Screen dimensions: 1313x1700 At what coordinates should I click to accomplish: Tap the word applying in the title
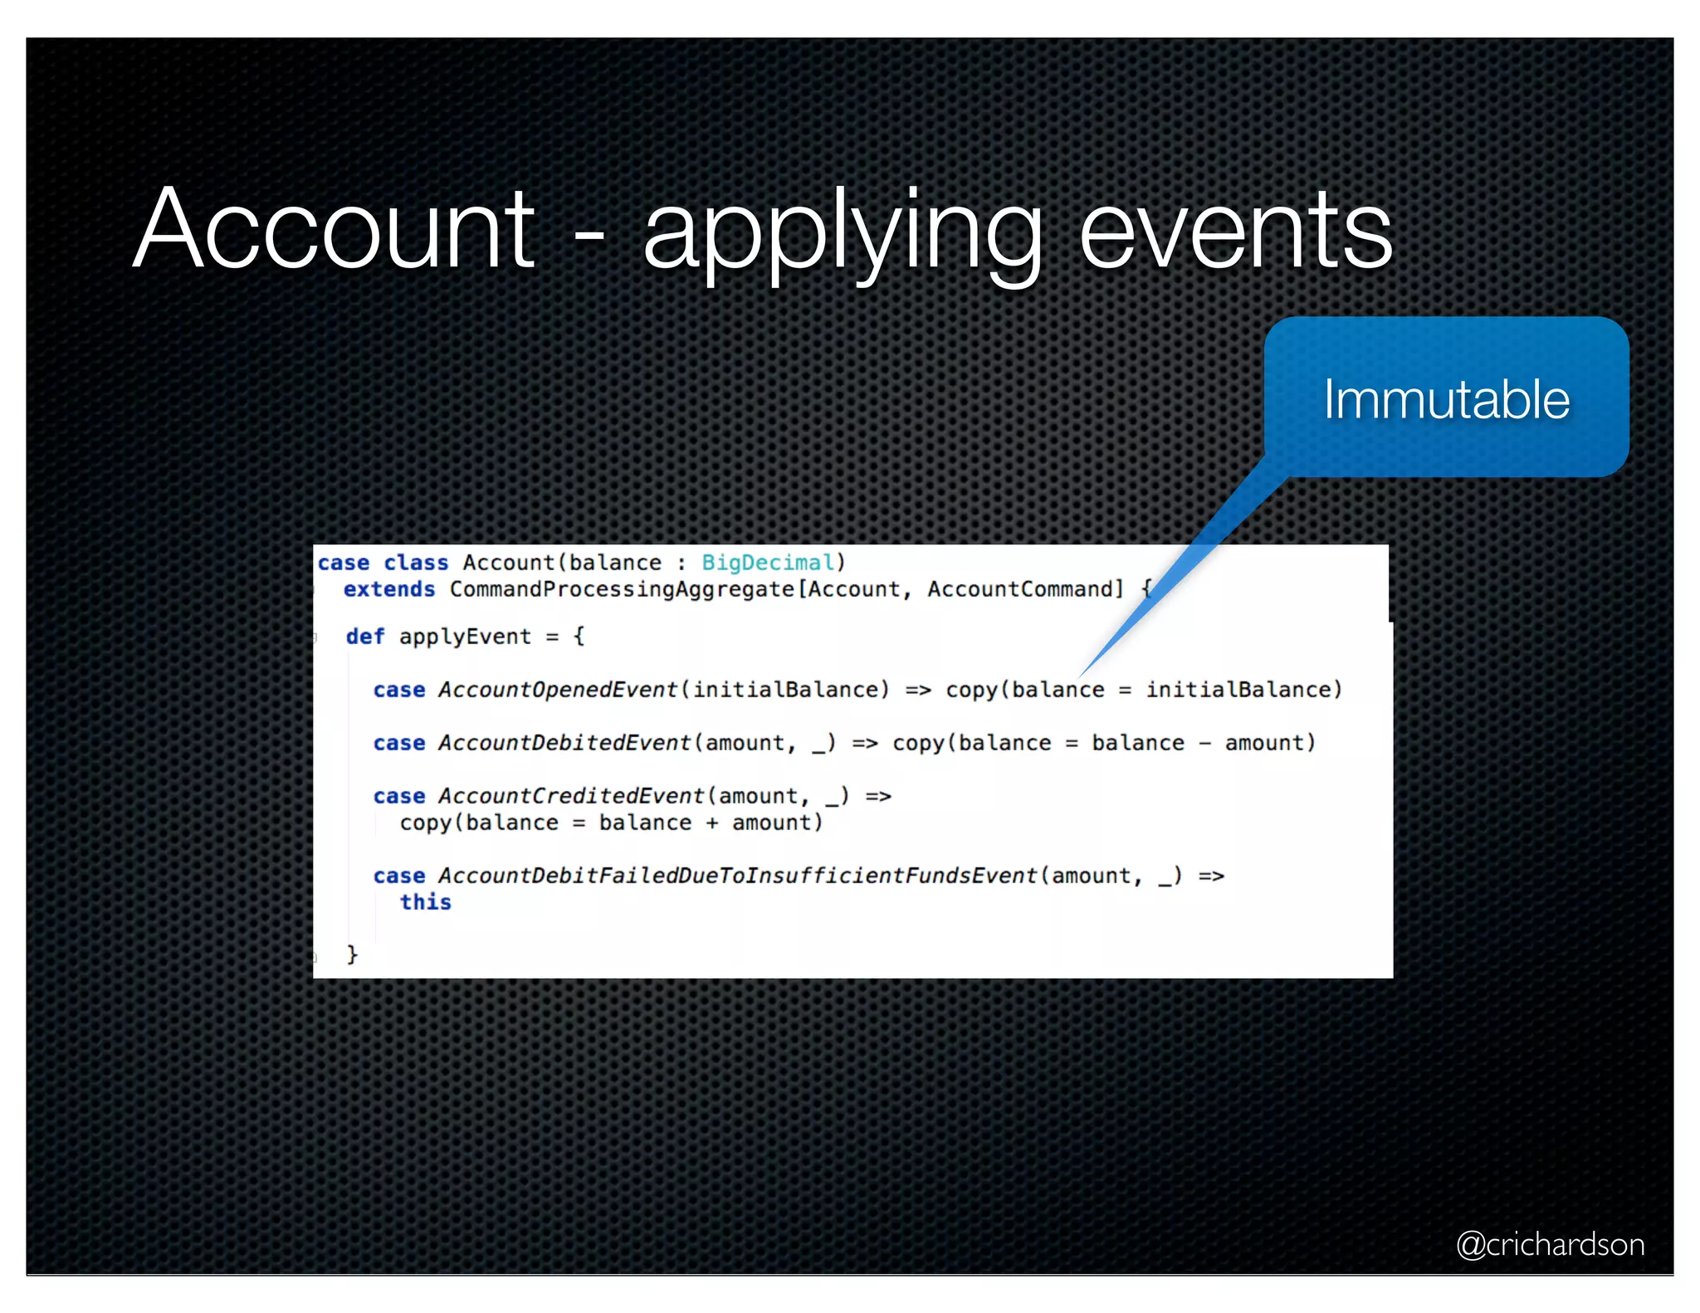842,232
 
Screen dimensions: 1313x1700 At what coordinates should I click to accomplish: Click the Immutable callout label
1446,399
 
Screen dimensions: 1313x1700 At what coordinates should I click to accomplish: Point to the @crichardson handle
1550,1244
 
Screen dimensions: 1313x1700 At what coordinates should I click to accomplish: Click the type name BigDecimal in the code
768,563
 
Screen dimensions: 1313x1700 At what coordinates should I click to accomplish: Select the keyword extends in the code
389,589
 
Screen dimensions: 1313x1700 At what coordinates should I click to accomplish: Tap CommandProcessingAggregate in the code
622,589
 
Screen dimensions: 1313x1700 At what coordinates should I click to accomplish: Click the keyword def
364,637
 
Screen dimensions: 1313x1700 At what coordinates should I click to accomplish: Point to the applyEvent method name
465,637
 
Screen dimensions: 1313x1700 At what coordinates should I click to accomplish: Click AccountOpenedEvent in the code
558,690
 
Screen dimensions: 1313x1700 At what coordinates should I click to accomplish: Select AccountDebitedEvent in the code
564,743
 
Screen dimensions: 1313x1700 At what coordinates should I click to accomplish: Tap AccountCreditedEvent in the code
571,796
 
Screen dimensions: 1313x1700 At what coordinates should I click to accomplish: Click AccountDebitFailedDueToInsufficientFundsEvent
738,876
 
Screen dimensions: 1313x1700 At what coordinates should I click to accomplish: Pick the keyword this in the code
425,902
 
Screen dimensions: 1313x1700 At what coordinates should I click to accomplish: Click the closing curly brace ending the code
352,954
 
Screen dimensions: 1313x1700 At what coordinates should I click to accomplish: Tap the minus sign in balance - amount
1204,743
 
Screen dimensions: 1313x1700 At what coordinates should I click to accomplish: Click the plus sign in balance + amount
711,822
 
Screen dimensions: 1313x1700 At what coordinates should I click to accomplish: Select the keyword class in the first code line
415,563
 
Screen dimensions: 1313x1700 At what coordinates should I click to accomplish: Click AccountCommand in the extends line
1024,589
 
